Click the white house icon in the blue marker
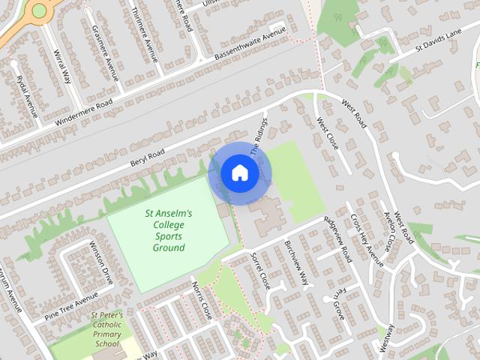point(239,173)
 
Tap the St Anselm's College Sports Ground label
point(168,230)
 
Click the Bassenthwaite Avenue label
point(250,44)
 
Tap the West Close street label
point(328,133)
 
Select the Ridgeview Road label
point(337,238)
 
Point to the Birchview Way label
point(298,264)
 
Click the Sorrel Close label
point(259,270)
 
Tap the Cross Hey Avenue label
point(367,240)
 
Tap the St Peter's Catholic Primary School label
point(106,329)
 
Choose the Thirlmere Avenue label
point(146,33)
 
